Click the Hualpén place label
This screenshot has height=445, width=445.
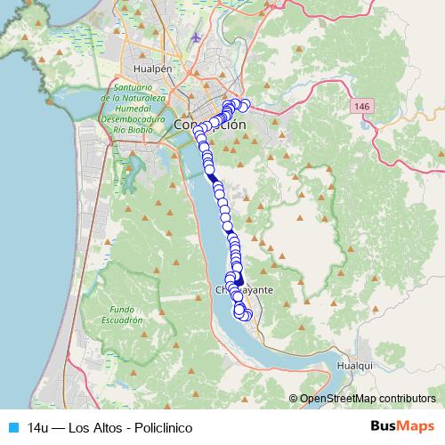pyautogui.click(x=151, y=67)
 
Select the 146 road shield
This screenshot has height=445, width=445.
pyautogui.click(x=360, y=107)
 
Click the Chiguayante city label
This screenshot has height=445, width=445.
pyautogui.click(x=245, y=291)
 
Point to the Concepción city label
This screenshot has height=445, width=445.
pyautogui.click(x=210, y=125)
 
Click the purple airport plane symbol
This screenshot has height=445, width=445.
pyautogui.click(x=196, y=37)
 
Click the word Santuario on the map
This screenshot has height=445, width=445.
pyautogui.click(x=134, y=88)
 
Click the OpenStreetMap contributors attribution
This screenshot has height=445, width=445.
pyautogui.click(x=368, y=399)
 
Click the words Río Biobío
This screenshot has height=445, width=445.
pyautogui.click(x=135, y=127)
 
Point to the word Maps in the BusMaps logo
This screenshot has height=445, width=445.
pyautogui.click(x=418, y=426)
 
